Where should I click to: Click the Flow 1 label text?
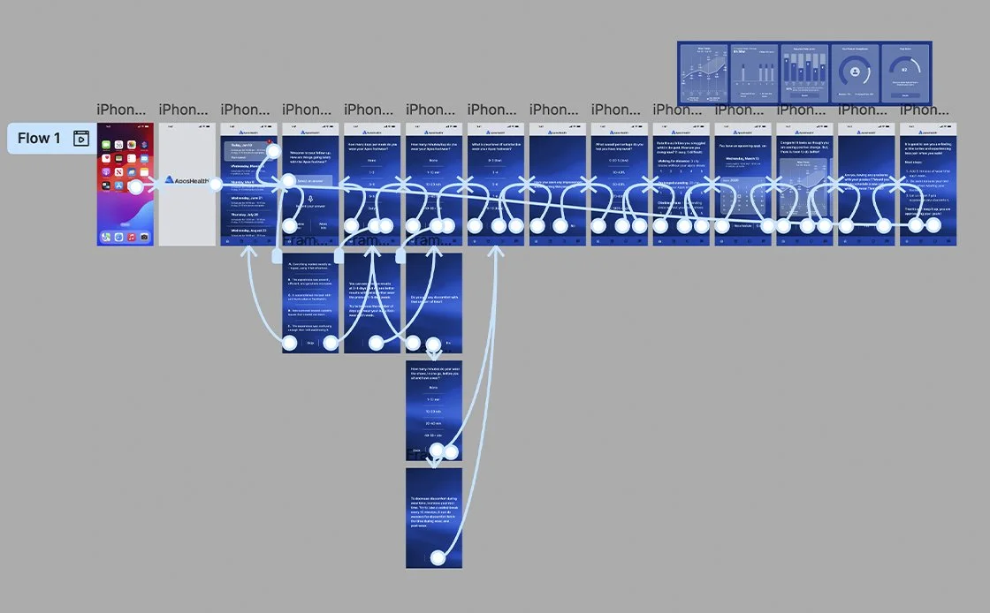point(39,139)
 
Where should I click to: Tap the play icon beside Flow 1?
point(80,139)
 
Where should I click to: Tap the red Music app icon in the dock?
point(131,237)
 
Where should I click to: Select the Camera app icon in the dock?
point(145,237)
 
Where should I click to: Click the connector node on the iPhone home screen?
point(135,187)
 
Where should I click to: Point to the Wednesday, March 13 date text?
point(741,160)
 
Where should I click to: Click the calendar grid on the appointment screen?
point(741,199)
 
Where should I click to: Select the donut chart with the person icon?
point(855,72)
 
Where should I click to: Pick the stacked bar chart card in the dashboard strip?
point(804,71)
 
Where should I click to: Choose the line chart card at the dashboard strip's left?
point(704,71)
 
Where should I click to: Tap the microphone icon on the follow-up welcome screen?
point(310,199)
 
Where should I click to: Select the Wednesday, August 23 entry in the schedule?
point(245,231)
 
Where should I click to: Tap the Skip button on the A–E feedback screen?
point(310,344)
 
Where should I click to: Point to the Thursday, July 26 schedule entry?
point(245,214)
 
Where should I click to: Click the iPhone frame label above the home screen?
point(122,110)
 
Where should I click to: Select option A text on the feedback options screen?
point(310,267)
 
